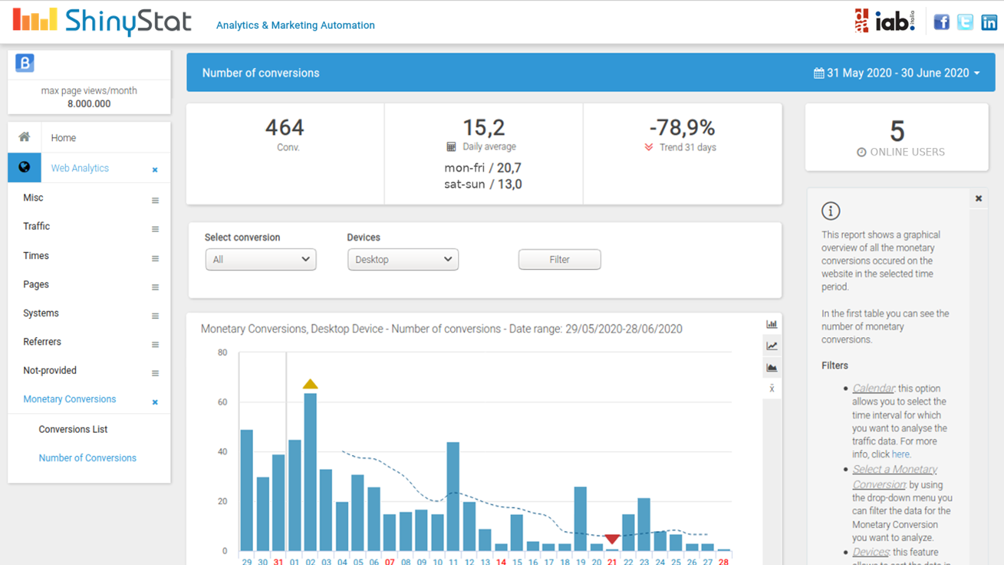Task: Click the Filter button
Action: pyautogui.click(x=559, y=259)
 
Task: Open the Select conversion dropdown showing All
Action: pyautogui.click(x=260, y=259)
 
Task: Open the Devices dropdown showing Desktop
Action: pyautogui.click(x=403, y=259)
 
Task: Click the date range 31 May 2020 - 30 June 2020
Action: pyautogui.click(x=897, y=73)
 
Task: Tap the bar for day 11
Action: pyautogui.click(x=453, y=496)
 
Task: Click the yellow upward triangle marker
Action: pyautogui.click(x=310, y=384)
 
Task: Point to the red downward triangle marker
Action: pyautogui.click(x=612, y=539)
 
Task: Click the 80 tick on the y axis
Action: pyautogui.click(x=223, y=353)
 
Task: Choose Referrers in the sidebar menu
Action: pyautogui.click(x=42, y=342)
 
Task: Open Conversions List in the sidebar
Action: pyautogui.click(x=73, y=429)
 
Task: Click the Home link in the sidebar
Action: pyautogui.click(x=63, y=137)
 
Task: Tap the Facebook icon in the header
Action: pyautogui.click(x=941, y=23)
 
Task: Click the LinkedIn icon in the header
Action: pyautogui.click(x=989, y=23)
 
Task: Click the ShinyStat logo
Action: pyautogui.click(x=102, y=21)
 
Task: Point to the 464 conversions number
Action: pyautogui.click(x=285, y=127)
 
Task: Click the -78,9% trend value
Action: pyautogui.click(x=682, y=127)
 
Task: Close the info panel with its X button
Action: pyautogui.click(x=978, y=198)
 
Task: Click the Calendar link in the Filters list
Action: pyautogui.click(x=873, y=389)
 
